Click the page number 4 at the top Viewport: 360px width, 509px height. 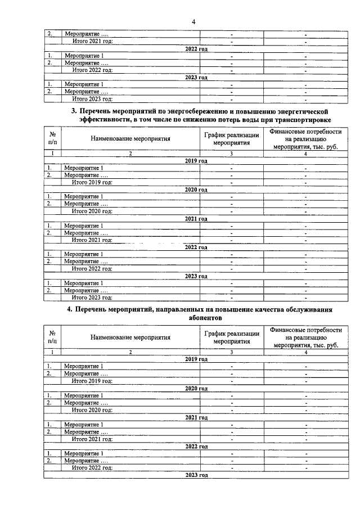pyautogui.click(x=193, y=22)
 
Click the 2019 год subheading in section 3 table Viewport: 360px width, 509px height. pyautogui.click(x=196, y=161)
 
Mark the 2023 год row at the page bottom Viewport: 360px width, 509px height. pyautogui.click(x=196, y=475)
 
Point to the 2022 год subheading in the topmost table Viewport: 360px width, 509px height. pyautogui.click(x=196, y=49)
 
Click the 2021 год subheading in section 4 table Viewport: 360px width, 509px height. pyautogui.click(x=196, y=417)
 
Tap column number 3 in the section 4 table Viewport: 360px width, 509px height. pyautogui.click(x=232, y=352)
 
